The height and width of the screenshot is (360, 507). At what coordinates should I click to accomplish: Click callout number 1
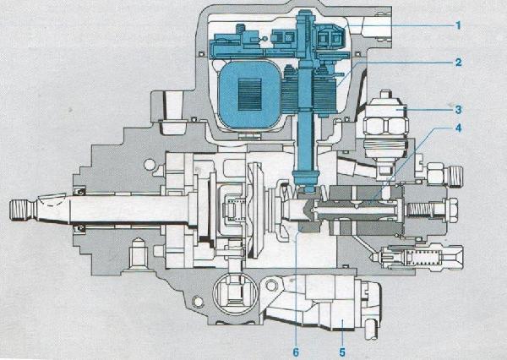point(457,25)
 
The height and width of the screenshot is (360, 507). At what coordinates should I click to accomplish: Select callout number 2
point(457,63)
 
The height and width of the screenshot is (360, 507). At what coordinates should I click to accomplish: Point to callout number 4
point(457,128)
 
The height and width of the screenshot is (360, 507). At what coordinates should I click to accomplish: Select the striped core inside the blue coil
point(252,91)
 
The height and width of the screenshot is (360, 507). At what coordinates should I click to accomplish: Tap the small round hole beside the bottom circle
point(199,297)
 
